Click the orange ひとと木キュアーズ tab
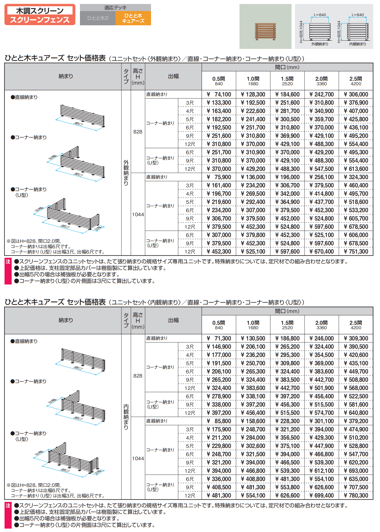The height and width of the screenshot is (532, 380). (x=133, y=18)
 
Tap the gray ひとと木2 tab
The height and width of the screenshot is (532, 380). (x=98, y=18)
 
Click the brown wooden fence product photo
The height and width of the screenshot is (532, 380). (x=265, y=31)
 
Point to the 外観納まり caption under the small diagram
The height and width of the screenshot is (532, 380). (x=320, y=44)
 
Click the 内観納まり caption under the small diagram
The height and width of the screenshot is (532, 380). (x=358, y=44)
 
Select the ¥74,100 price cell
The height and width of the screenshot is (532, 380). (x=219, y=94)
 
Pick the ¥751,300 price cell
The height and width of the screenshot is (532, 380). (x=356, y=252)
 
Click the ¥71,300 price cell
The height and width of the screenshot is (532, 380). (x=219, y=338)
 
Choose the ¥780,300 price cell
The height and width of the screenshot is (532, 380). (x=356, y=496)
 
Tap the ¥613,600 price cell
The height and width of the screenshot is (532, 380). (x=356, y=169)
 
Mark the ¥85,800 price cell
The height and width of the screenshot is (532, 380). (x=219, y=421)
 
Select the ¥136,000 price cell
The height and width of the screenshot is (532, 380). (x=253, y=177)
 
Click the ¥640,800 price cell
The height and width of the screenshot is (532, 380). (x=356, y=413)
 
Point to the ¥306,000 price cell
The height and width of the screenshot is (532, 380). (x=356, y=94)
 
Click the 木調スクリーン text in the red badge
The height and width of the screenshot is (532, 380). (x=40, y=11)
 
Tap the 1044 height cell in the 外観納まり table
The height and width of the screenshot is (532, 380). (x=138, y=215)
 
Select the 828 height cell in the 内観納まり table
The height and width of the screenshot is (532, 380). (x=138, y=376)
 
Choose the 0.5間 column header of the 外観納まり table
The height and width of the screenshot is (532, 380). (x=219, y=81)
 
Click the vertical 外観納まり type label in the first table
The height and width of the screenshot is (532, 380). (x=126, y=173)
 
